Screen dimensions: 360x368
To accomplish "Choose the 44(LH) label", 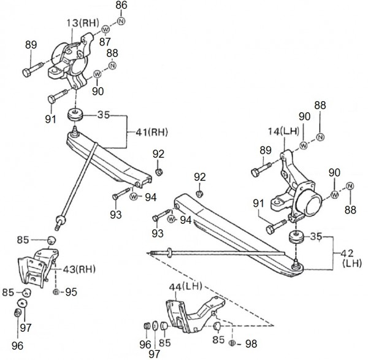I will [186, 286].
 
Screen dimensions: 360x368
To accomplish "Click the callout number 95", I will [72, 291].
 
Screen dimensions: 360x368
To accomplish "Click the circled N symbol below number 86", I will [121, 22].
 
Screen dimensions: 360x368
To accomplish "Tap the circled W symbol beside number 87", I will [105, 29].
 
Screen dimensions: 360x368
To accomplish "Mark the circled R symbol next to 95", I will [56, 292].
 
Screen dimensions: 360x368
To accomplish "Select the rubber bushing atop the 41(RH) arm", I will [77, 115].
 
